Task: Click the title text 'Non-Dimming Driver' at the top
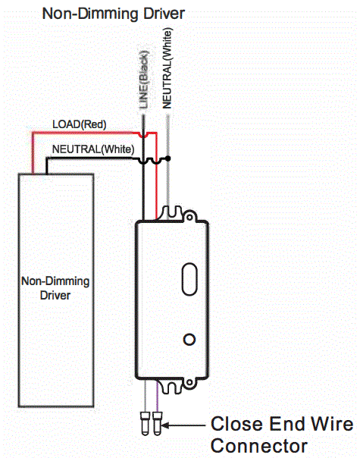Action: [x=114, y=14]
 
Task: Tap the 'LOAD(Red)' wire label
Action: [x=79, y=124]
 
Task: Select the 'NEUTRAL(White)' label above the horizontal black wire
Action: [x=92, y=149]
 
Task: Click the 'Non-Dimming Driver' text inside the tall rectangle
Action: [x=55, y=288]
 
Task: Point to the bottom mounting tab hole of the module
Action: [x=171, y=388]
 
